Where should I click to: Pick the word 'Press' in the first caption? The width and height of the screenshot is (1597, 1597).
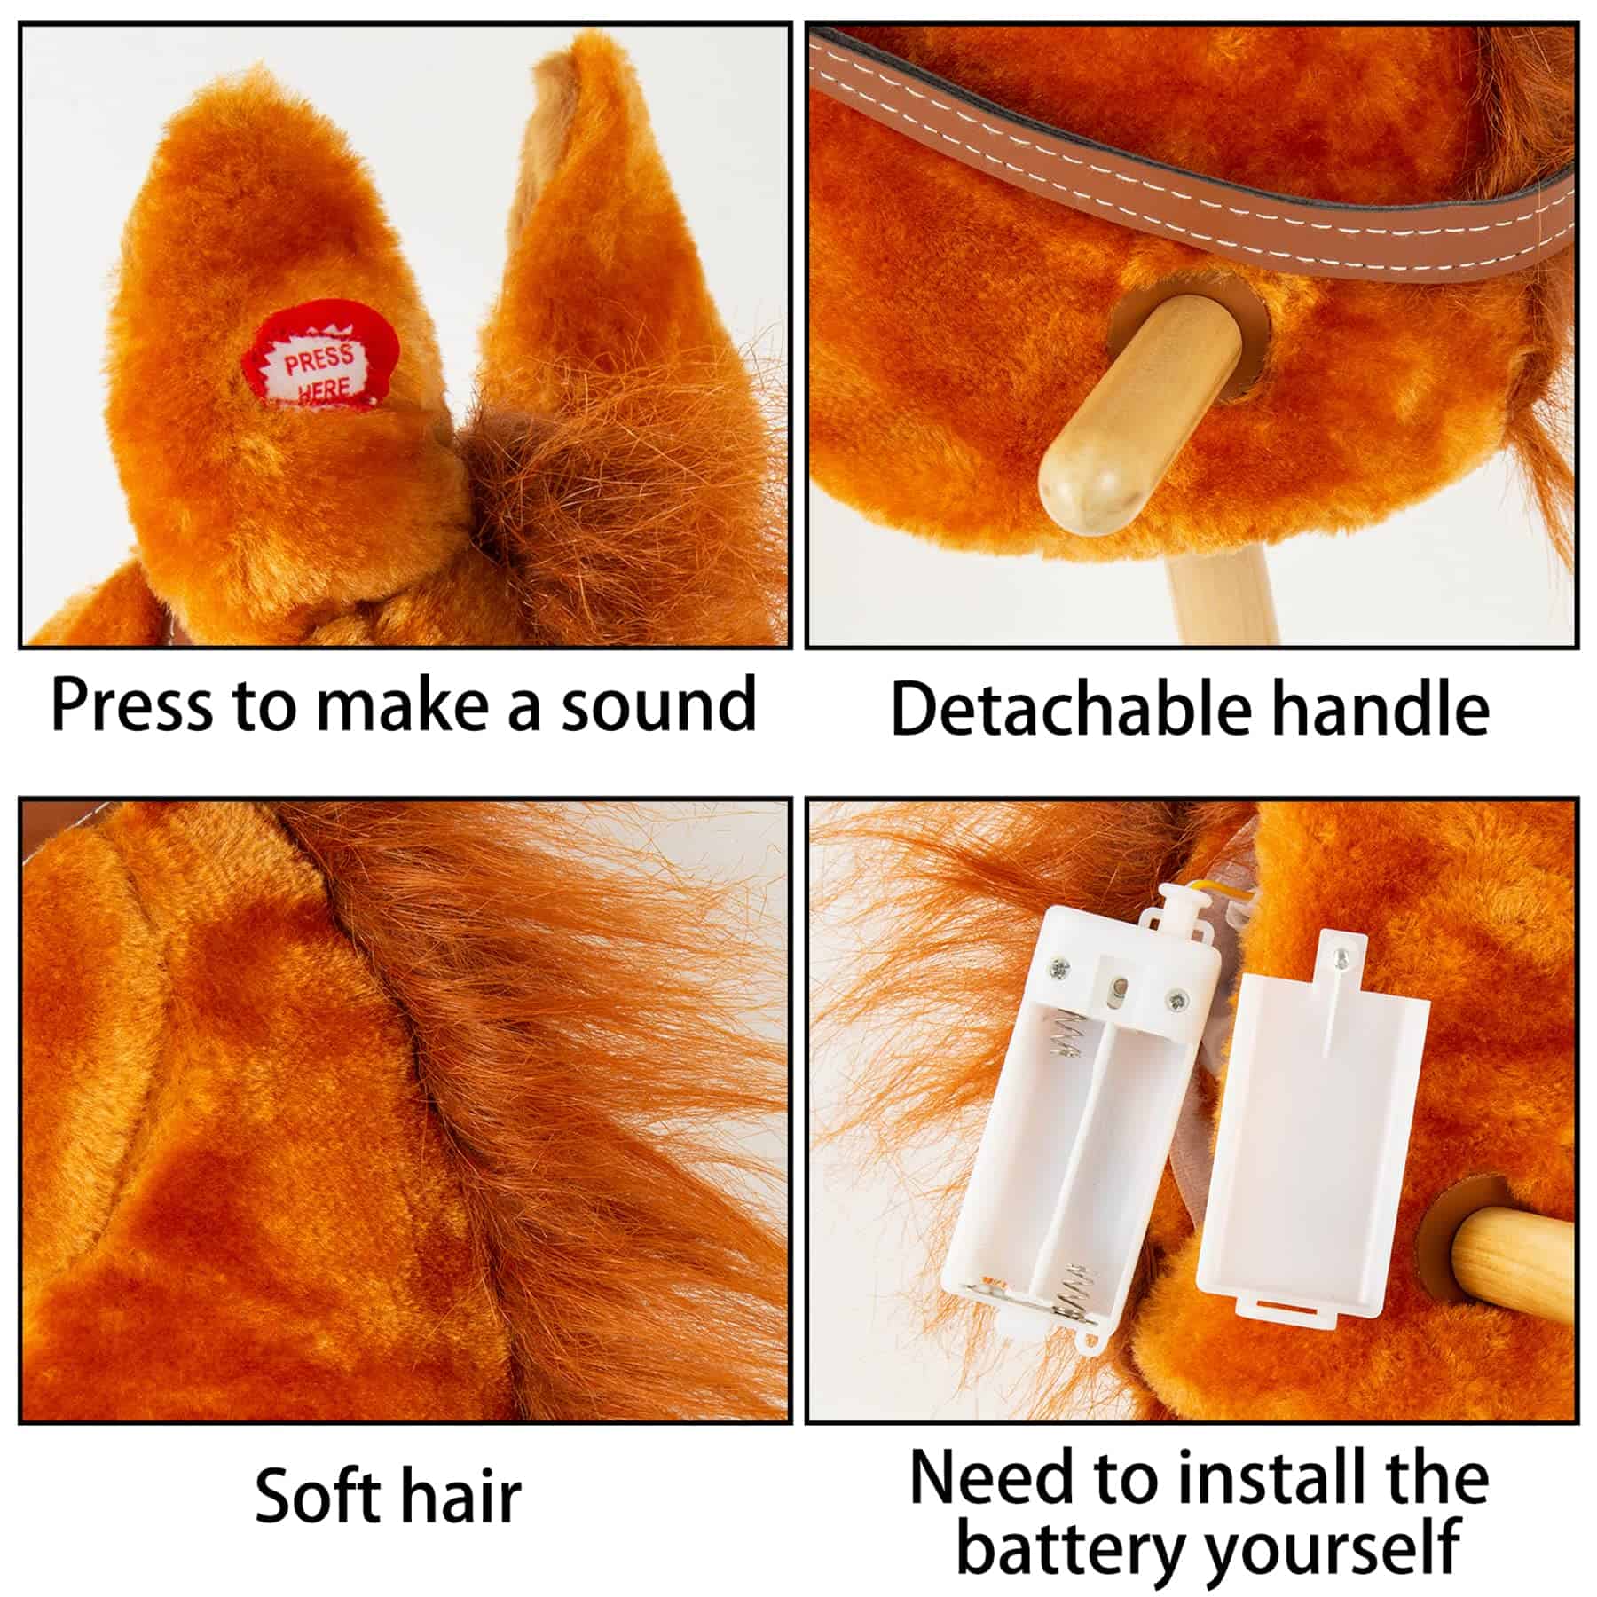click(132, 705)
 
